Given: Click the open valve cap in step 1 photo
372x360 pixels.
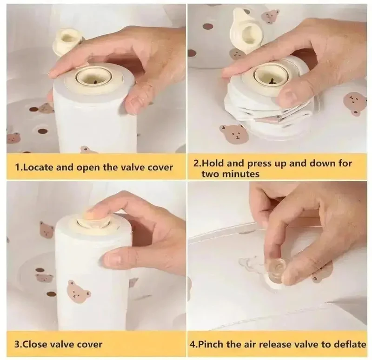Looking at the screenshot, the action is coord(68,40).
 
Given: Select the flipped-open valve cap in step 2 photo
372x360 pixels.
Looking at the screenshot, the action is coord(246,30).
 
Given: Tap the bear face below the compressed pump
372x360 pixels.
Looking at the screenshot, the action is coord(234,134).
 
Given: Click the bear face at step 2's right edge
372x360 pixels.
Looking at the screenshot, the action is coord(355,104).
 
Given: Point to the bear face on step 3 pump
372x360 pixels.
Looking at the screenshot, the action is coord(78,292).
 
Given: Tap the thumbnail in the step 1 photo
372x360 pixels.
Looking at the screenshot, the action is coord(133,103).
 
